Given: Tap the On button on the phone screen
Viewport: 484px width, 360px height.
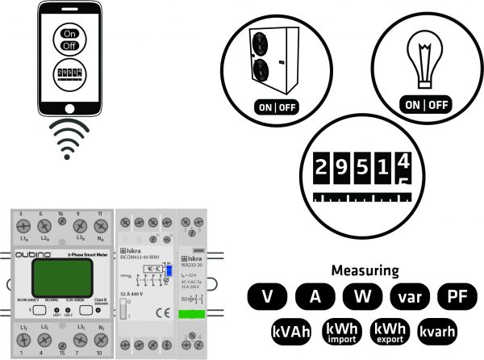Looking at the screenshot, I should (69, 35).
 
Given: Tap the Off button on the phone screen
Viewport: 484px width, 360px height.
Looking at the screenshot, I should (69, 47).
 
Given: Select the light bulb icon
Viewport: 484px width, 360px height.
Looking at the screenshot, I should (424, 61).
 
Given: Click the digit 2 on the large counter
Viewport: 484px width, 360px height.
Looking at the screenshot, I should (320, 167).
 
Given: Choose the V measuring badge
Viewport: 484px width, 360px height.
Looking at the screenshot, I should (265, 296).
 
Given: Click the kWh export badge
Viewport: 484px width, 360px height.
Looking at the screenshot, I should (389, 332).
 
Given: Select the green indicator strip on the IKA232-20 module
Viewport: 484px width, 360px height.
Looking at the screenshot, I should (193, 315).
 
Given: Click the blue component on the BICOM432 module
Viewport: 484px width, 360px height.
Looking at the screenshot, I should (171, 272).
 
